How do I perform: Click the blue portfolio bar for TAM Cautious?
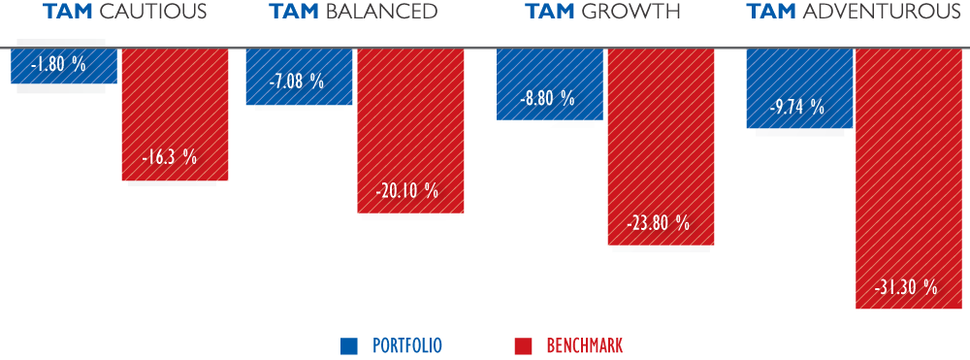coord(64,66)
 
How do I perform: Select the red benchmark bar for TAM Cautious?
coord(175,115)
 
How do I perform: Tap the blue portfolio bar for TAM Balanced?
coord(300,77)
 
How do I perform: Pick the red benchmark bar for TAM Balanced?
coord(410,131)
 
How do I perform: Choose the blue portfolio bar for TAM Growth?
coord(550,84)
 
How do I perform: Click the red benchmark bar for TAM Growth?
coord(662,147)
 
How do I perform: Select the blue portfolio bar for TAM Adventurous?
coord(800,88)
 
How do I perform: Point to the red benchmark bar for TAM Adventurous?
coord(910,179)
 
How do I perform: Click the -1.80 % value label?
coord(58,64)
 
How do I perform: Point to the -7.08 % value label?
coord(296,82)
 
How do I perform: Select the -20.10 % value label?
coord(407,190)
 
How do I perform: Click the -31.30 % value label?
coord(906,287)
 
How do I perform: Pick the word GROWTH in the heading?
coord(630,11)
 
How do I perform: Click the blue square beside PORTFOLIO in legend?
coord(349,345)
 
